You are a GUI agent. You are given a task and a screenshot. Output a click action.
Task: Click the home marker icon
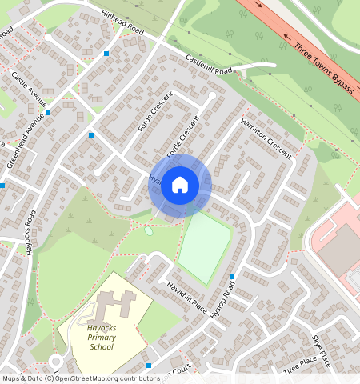[180, 186]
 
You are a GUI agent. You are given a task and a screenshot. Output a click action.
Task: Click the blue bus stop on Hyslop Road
[232, 277]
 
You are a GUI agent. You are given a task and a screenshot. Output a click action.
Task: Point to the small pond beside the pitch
[149, 230]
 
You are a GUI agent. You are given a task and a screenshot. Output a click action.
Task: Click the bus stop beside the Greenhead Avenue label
[49, 113]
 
